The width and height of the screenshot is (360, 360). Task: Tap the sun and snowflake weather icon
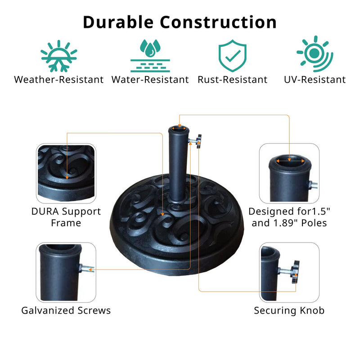59,56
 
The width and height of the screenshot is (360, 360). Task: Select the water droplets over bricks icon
150,56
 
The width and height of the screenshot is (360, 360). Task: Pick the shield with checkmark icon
232,56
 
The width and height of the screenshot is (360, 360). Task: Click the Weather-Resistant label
59,80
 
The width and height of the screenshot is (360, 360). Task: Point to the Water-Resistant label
150,80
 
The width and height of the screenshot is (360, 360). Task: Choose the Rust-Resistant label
232,80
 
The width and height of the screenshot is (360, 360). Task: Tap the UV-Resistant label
315,80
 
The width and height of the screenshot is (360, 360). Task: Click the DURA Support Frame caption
66,217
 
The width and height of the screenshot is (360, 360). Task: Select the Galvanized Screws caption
66,310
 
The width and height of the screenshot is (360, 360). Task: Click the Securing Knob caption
289,310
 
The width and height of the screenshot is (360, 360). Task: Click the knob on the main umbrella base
198,141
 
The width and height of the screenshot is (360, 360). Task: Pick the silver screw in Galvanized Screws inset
88,270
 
